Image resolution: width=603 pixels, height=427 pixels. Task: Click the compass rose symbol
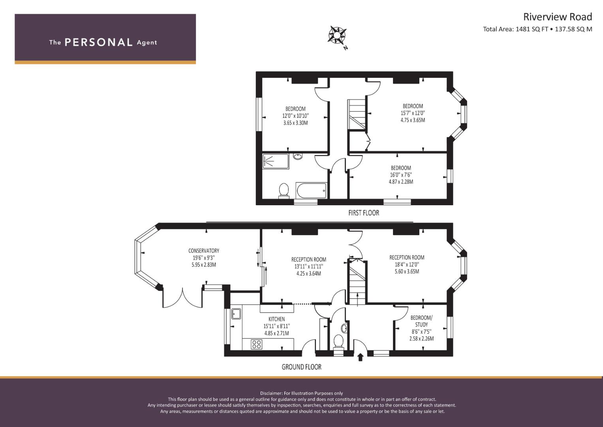[x=337, y=35]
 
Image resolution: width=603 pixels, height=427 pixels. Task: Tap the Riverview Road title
[x=558, y=17]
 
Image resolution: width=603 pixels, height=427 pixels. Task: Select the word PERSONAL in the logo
[x=99, y=42]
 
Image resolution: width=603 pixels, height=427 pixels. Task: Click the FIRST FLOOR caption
[x=364, y=213]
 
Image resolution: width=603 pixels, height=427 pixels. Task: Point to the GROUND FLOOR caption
[x=302, y=367]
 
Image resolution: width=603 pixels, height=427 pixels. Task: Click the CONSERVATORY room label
[x=204, y=251]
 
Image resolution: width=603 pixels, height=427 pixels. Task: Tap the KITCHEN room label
[x=276, y=319]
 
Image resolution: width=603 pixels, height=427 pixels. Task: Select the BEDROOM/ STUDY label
[x=422, y=321]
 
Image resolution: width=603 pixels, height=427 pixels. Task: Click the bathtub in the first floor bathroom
[x=311, y=191]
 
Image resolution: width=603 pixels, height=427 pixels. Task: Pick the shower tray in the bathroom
[x=276, y=161]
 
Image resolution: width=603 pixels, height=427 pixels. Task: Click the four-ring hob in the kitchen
[x=256, y=344]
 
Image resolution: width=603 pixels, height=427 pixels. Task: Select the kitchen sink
[x=237, y=314]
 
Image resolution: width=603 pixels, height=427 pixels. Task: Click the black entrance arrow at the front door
[x=361, y=357]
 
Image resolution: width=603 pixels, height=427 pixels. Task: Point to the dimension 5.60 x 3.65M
[x=407, y=272]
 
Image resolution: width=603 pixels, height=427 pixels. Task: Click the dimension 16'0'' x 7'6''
[x=401, y=175]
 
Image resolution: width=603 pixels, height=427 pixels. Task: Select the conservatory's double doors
[x=182, y=299]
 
